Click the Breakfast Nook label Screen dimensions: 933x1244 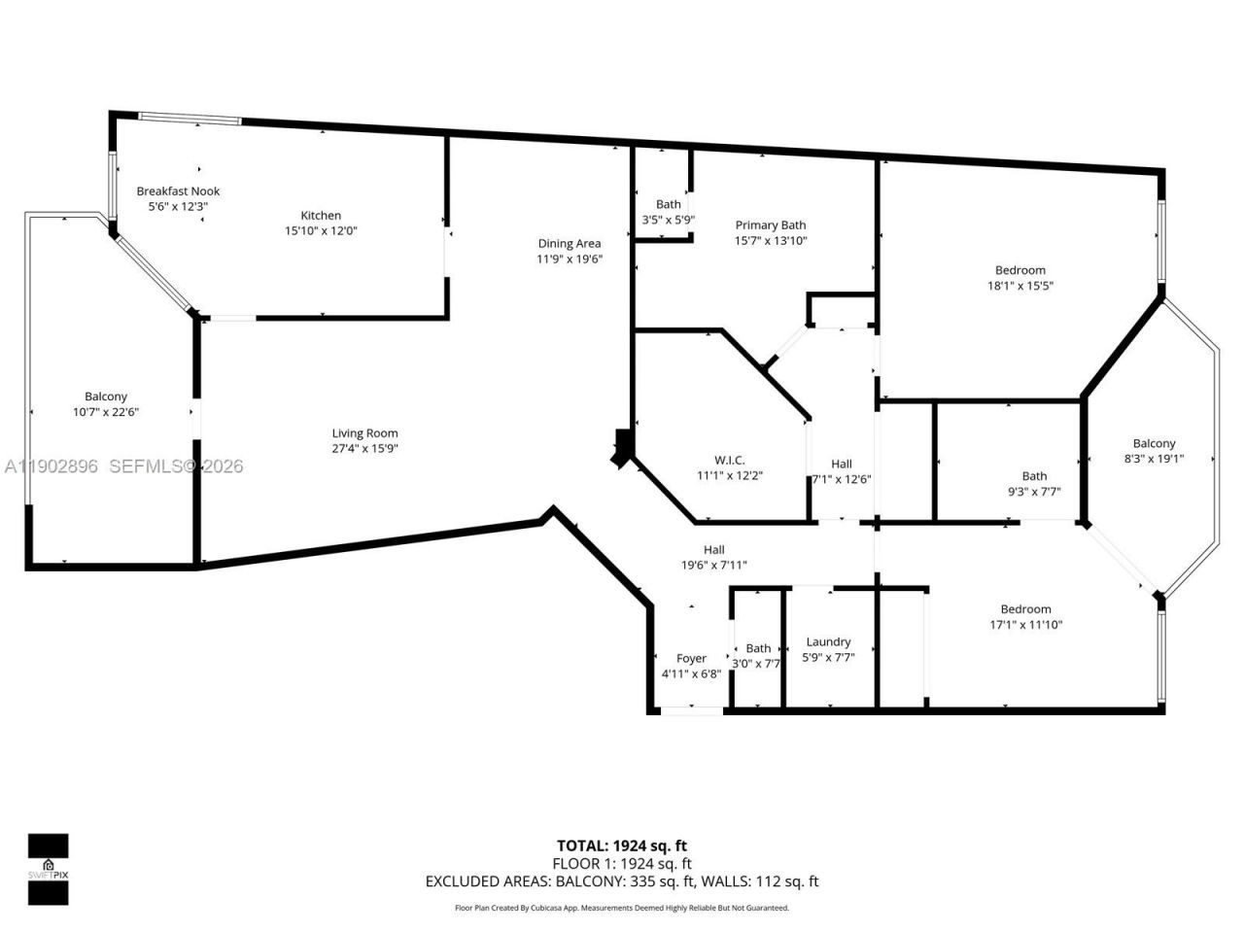[x=178, y=191]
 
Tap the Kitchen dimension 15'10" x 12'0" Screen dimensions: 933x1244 [x=320, y=230]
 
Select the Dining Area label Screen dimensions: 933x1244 [x=570, y=244]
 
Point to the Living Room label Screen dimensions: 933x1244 [x=364, y=433]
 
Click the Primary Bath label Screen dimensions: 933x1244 [x=770, y=225]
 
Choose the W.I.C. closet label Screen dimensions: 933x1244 [x=729, y=461]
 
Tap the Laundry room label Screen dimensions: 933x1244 [x=828, y=641]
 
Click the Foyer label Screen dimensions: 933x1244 [x=691, y=659]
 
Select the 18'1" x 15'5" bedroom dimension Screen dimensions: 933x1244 [x=1020, y=286]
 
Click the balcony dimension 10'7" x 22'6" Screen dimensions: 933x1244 [x=105, y=412]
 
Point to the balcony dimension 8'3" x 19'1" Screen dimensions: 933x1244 [x=1154, y=459]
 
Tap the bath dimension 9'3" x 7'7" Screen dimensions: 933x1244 [x=1034, y=492]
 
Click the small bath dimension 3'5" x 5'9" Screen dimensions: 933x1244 [x=668, y=220]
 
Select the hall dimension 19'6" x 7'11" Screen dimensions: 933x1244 [x=713, y=565]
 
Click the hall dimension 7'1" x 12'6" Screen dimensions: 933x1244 [x=841, y=479]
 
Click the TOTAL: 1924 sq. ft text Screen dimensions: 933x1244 [x=622, y=846]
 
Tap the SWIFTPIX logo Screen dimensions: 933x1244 [x=48, y=869]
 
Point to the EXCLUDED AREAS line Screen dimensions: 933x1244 [x=622, y=881]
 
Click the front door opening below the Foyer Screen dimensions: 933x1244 [x=692, y=712]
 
